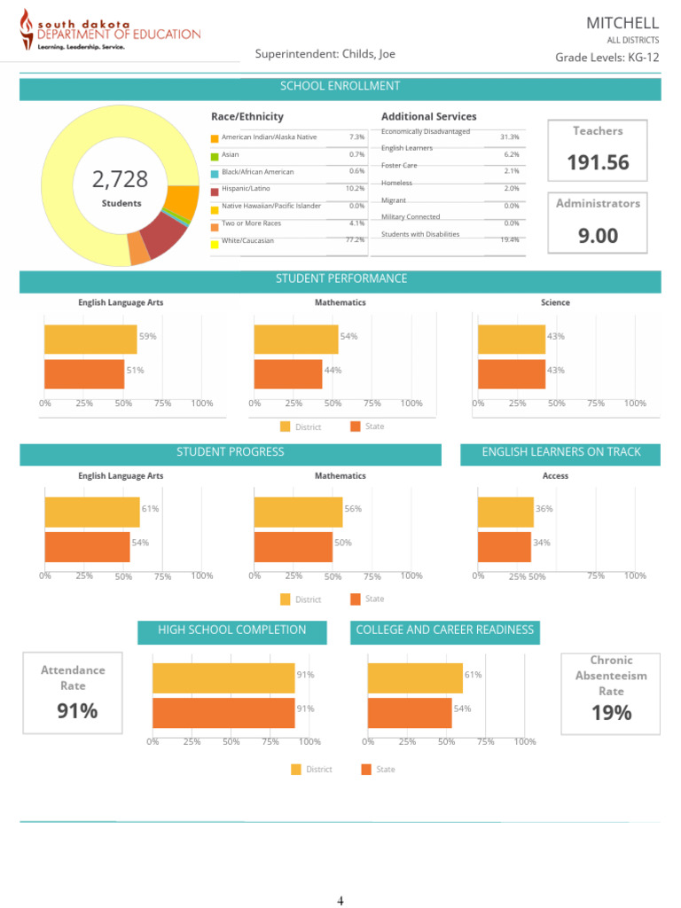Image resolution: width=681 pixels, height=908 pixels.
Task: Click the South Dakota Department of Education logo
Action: pos(110,33)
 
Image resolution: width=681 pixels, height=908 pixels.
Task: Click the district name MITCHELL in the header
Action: pos(622,22)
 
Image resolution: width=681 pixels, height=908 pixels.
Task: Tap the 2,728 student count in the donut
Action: pos(121,180)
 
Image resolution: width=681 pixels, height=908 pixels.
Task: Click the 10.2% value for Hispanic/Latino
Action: pos(355,189)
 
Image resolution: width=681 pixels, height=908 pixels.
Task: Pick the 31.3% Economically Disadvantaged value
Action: pos(509,137)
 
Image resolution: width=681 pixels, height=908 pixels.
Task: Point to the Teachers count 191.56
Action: pos(598,162)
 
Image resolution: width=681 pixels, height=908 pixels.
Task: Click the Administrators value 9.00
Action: pos(598,236)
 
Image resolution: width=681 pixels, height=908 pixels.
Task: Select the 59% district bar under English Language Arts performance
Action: pos(90,340)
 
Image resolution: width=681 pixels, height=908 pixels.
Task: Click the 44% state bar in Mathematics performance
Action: pos(288,373)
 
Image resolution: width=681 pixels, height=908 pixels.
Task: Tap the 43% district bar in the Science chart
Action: pos(512,340)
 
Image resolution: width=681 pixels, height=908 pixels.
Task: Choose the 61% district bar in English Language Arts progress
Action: pos(92,512)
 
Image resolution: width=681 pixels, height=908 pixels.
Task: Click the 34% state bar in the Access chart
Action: pos(505,546)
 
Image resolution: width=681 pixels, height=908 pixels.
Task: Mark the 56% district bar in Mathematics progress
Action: pos(298,512)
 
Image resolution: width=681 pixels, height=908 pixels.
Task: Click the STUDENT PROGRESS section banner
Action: pos(231,453)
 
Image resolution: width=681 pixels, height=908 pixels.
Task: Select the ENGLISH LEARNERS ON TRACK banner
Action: pos(560,453)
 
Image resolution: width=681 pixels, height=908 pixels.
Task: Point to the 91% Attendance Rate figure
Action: pos(77,711)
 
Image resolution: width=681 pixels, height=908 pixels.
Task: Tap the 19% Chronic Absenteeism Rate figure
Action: pos(611,712)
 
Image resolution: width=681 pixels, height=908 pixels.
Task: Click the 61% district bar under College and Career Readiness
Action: pos(415,678)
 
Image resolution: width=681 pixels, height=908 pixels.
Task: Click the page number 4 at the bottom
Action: pos(340,902)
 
